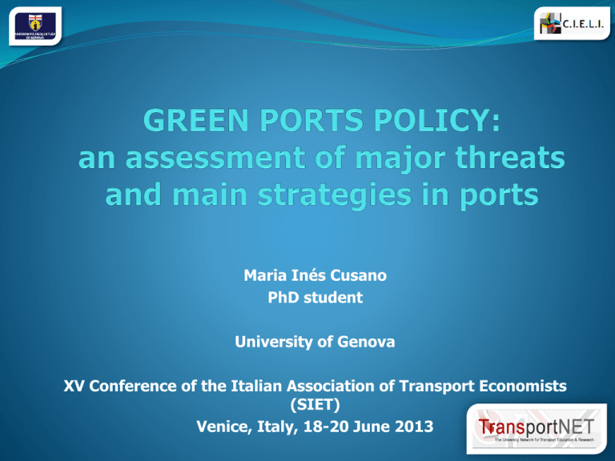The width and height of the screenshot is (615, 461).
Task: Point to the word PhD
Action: (283, 299)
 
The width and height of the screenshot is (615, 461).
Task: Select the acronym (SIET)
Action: (307, 407)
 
